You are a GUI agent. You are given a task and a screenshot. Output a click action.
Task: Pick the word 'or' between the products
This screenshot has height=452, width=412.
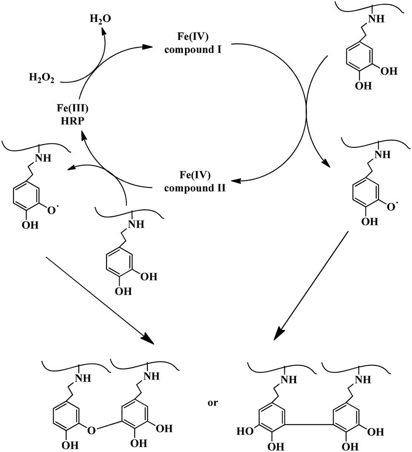point(213,403)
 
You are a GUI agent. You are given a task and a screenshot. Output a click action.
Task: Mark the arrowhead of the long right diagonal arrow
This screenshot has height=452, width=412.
point(278,335)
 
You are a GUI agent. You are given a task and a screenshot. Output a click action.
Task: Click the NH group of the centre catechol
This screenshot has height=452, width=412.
point(135,224)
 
